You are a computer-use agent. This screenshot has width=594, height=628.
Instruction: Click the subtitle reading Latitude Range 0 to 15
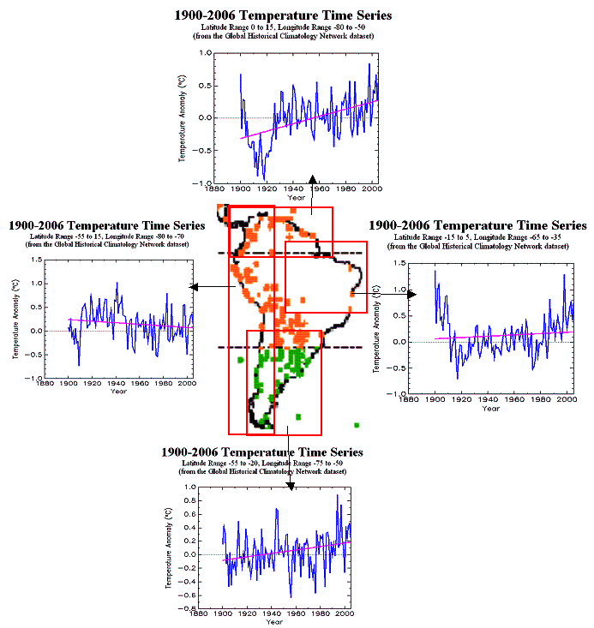coord(283,27)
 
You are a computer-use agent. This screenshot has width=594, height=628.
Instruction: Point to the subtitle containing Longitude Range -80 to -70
coord(106,236)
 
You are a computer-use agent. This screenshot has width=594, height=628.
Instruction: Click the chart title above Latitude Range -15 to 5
coord(477,225)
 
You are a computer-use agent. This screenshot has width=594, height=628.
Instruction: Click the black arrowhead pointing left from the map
coord(195,287)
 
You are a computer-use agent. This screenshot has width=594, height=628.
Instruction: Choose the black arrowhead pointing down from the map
coord(291,486)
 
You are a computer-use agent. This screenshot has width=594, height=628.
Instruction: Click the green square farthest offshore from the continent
coord(355,424)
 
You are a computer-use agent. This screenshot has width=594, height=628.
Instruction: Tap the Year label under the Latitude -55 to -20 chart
coord(273,622)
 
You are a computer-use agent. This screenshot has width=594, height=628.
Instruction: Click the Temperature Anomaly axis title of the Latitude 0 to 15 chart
coord(182,118)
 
